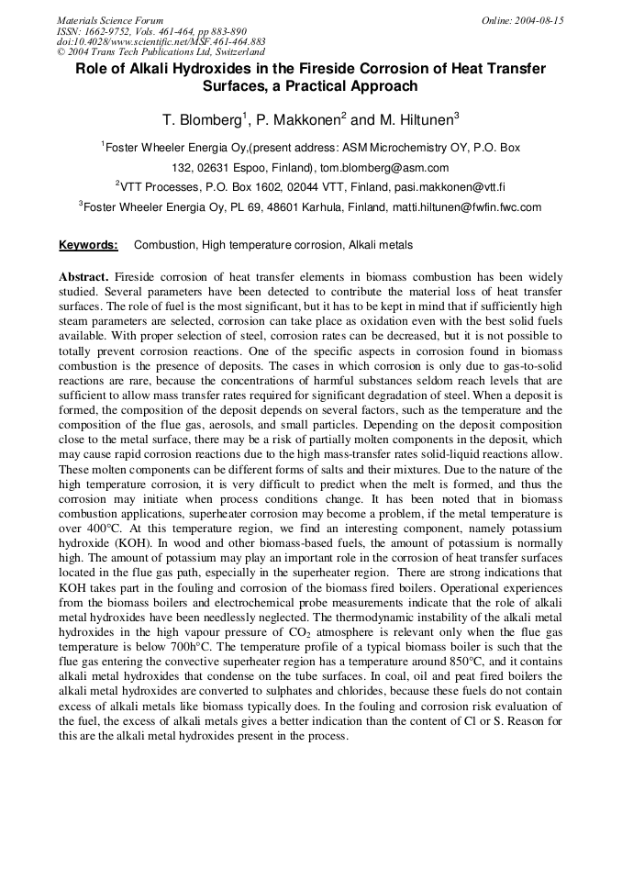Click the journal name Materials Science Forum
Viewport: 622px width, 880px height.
110,20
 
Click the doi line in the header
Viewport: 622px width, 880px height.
161,41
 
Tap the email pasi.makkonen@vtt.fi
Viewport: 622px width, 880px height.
444,187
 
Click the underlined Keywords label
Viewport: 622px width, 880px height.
88,245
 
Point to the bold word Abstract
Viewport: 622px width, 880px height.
83,277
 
